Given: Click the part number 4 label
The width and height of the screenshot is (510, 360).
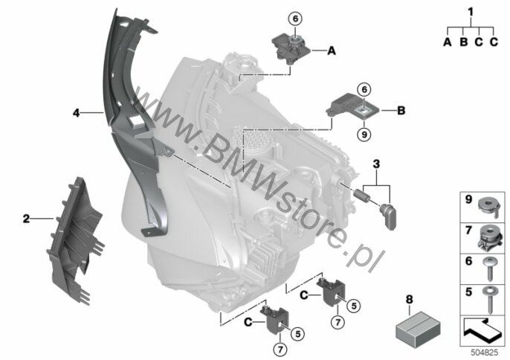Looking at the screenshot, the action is pyautogui.click(x=76, y=113).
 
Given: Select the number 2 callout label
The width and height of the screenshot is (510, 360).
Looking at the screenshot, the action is pyautogui.click(x=26, y=219).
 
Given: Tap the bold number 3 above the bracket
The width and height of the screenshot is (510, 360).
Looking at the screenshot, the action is pyautogui.click(x=376, y=164).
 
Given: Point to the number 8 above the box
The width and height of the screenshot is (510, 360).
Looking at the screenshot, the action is pyautogui.click(x=409, y=299).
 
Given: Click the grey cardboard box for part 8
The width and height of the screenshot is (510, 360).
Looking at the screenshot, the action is pyautogui.click(x=419, y=330).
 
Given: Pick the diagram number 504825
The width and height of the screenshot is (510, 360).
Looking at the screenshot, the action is pyautogui.click(x=484, y=353).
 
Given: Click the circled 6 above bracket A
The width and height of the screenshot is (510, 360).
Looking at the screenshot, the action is pyautogui.click(x=295, y=19).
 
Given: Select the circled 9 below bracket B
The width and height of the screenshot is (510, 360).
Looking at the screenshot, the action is pyautogui.click(x=364, y=134).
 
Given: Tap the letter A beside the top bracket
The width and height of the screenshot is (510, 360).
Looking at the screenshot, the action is pyautogui.click(x=332, y=51).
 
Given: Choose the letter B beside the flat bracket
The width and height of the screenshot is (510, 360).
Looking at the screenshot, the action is pyautogui.click(x=401, y=111).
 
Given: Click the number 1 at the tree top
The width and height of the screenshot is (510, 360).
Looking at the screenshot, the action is pyautogui.click(x=471, y=12).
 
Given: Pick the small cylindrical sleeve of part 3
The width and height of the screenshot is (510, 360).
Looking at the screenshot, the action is pyautogui.click(x=361, y=196).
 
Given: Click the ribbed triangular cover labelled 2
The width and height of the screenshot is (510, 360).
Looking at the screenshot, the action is pyautogui.click(x=75, y=240).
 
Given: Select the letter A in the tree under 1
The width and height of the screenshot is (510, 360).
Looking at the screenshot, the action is pyautogui.click(x=448, y=42).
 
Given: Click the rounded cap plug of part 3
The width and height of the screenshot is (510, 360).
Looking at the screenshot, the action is pyautogui.click(x=388, y=216).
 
